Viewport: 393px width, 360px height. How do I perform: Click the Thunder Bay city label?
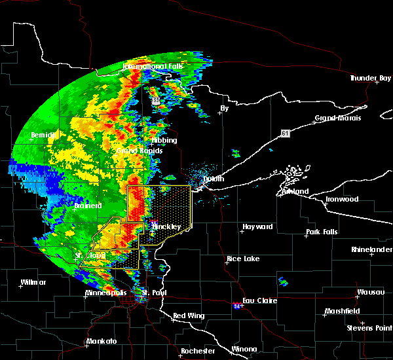click(x=370, y=79)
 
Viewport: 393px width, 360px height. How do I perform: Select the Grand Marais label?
click(x=335, y=118)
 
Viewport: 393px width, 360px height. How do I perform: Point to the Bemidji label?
click(x=45, y=135)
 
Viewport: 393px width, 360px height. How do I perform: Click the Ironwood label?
click(x=343, y=199)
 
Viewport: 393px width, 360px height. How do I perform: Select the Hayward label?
click(x=257, y=226)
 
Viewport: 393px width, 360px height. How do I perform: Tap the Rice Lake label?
click(x=243, y=259)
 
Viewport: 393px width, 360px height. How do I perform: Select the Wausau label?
click(x=370, y=292)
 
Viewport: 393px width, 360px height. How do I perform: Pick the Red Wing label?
click(x=189, y=315)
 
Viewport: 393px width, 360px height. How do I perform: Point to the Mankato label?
click(x=102, y=341)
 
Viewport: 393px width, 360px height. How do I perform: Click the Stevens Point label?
click(x=370, y=327)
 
